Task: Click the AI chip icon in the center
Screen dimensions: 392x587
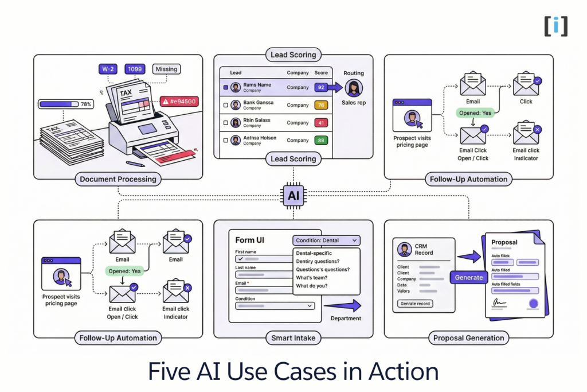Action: click(x=293, y=196)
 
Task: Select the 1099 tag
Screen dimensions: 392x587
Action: click(x=136, y=69)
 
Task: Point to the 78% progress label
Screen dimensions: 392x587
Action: click(x=86, y=104)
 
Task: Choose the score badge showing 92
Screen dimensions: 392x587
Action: click(x=321, y=88)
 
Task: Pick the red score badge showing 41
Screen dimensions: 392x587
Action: click(x=321, y=123)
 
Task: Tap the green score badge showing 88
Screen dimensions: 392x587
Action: click(x=321, y=140)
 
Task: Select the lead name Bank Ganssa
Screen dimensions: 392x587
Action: click(x=258, y=103)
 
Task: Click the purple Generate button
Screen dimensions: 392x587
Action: click(x=469, y=277)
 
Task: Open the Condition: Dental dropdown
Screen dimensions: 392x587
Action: click(x=326, y=240)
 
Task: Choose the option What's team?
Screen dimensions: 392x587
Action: click(x=311, y=277)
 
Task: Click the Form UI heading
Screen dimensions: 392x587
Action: click(x=250, y=240)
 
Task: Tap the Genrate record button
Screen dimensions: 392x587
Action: click(x=416, y=303)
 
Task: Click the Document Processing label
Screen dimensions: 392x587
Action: click(x=118, y=179)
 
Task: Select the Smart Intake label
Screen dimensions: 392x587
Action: click(x=293, y=338)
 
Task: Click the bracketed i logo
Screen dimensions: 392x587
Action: click(x=555, y=26)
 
